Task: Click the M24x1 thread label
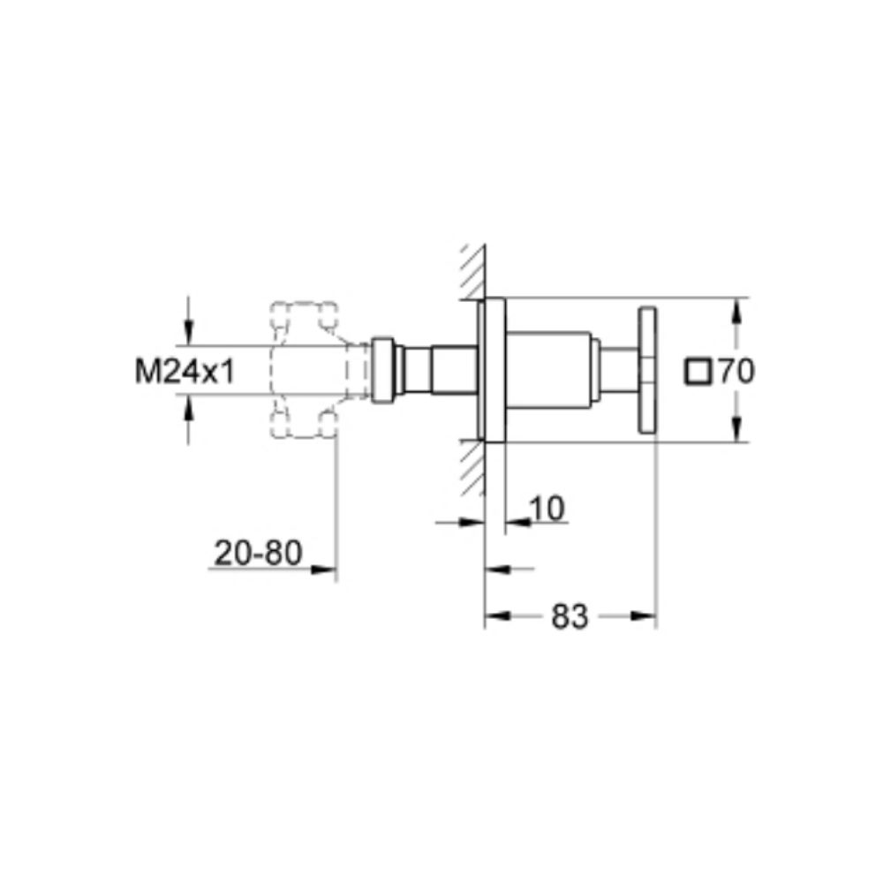(x=185, y=372)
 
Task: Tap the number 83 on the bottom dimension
(x=570, y=617)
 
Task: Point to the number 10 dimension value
(x=548, y=508)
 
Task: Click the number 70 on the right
(x=736, y=372)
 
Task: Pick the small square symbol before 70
(x=698, y=372)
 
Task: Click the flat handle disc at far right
(x=649, y=369)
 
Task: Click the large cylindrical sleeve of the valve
(x=548, y=369)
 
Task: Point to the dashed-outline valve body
(x=305, y=369)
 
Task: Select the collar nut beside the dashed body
(x=383, y=369)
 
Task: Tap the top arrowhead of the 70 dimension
(x=737, y=306)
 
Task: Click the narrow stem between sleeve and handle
(x=620, y=369)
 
